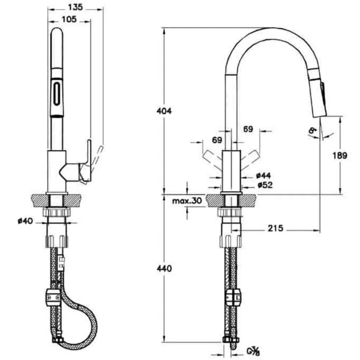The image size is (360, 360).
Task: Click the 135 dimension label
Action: tap(76, 7)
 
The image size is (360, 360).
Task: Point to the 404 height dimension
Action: tap(164, 111)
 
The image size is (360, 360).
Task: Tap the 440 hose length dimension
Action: tap(164, 269)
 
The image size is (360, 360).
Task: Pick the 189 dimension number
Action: tap(340, 156)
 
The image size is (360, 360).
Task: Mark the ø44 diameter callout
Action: tap(263, 176)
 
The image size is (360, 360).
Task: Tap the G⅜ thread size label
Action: tap(254, 350)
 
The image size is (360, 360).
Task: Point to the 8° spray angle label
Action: tap(313, 132)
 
